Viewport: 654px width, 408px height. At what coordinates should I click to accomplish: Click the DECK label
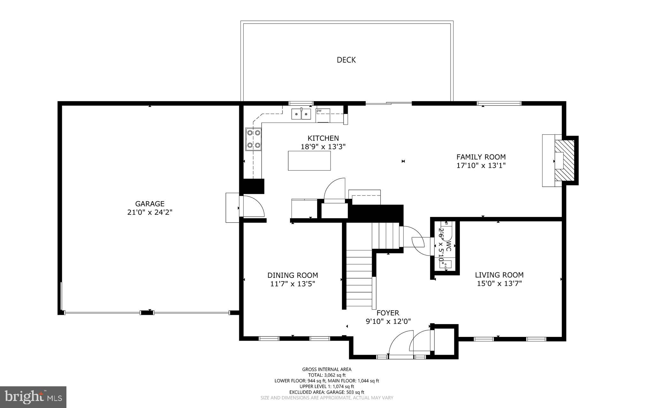coord(346,60)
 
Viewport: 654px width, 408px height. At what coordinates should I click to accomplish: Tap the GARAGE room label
coord(150,204)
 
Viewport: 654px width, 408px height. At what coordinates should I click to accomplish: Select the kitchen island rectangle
coord(309,161)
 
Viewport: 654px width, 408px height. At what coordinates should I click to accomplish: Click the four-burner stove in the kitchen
coord(254,139)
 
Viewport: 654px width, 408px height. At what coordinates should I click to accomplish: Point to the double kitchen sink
coord(301,114)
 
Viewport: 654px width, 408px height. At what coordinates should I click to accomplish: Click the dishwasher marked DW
coord(323,115)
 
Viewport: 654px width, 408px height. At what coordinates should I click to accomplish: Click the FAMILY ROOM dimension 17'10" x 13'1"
coord(481,166)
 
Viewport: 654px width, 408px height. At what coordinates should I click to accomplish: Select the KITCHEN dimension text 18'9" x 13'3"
coord(323,147)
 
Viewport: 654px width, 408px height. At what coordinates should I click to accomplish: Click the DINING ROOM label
coord(293,275)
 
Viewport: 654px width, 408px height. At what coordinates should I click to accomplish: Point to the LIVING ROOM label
coord(499,275)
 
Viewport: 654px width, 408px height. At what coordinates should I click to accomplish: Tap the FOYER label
coord(388,313)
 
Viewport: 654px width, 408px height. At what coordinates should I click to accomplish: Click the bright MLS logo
coord(33,397)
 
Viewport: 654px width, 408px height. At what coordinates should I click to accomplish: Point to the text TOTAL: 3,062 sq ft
coord(327,375)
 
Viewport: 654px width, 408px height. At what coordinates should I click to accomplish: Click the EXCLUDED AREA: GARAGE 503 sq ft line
coord(327,392)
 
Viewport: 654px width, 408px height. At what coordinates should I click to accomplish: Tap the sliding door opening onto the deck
coord(389,103)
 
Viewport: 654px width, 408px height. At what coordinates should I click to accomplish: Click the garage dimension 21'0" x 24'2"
coord(150,212)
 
